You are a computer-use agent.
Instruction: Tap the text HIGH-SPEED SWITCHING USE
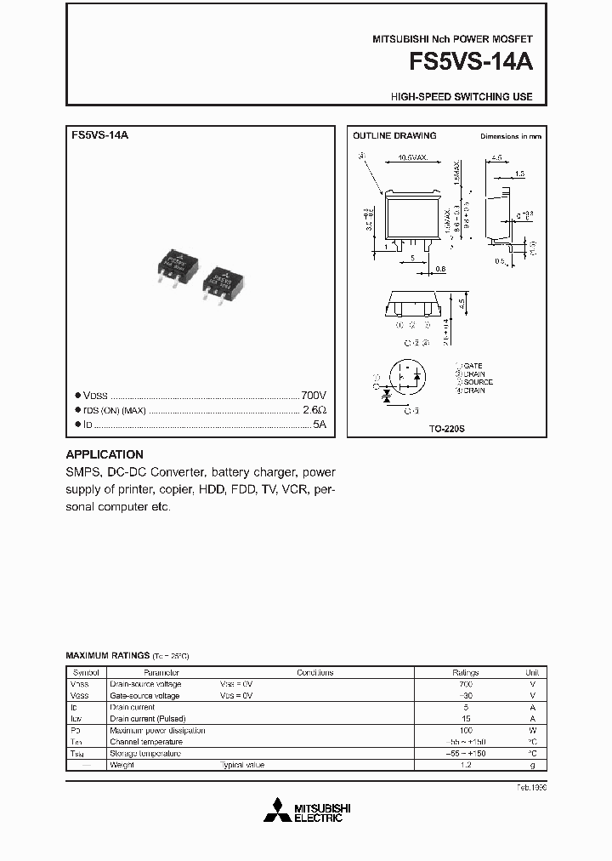462,97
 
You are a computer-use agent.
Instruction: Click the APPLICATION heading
105,454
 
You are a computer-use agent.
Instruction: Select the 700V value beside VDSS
314,396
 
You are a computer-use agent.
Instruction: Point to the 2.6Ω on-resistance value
315,409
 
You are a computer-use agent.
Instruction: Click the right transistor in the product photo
224,282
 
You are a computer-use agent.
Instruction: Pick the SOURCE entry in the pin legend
477,382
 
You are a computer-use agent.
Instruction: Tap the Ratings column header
465,672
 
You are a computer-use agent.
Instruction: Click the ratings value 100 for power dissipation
465,730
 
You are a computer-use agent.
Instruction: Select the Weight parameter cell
122,765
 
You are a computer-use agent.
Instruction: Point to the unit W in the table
532,730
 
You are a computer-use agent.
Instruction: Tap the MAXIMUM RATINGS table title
107,656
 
